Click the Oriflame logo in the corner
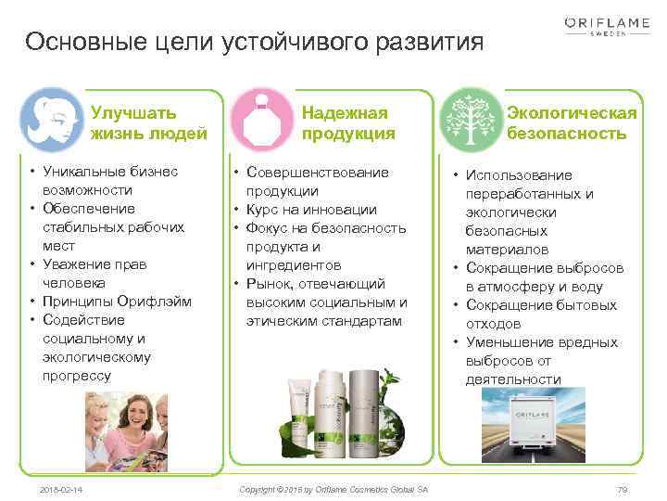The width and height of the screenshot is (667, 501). point(608,24)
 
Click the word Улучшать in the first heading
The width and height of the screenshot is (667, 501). point(133,113)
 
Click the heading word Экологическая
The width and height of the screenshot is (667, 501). point(572,113)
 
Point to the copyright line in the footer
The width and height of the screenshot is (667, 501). point(333,489)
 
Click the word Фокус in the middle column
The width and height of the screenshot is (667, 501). point(268,228)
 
